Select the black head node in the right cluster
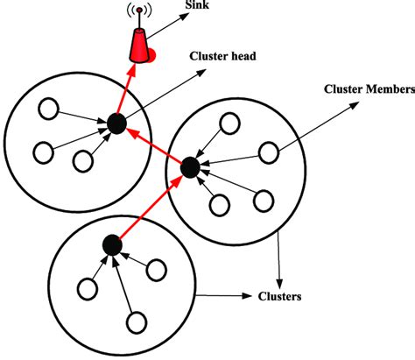pos(188,166)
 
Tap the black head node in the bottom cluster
pos(110,244)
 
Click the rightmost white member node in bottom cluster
pos(158,267)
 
